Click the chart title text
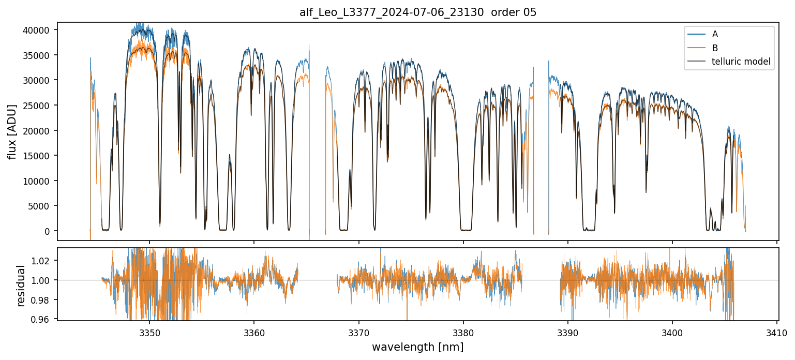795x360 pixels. (418, 12)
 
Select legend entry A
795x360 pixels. (715, 34)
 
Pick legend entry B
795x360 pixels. (715, 48)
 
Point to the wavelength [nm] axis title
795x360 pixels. (417, 347)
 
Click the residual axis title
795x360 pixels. (21, 285)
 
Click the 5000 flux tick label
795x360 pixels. (40, 206)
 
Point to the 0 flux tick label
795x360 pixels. (48, 231)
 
